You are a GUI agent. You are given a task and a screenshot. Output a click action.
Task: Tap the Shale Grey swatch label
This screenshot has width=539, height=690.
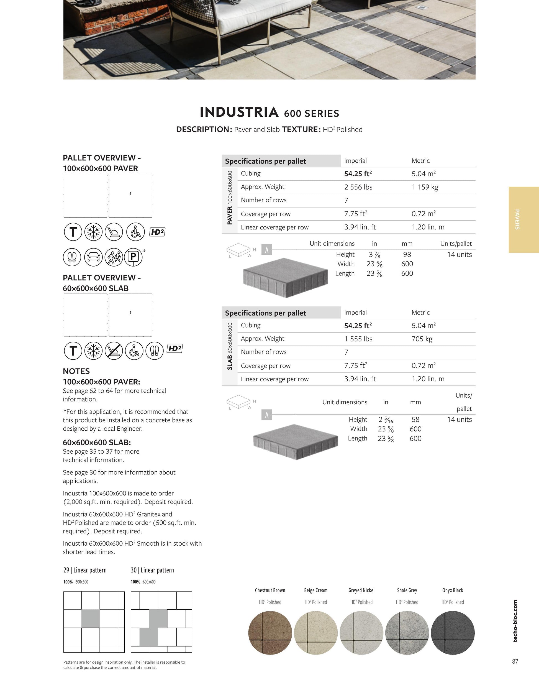407,590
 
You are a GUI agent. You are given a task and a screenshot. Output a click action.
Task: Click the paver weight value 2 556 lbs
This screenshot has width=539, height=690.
358,187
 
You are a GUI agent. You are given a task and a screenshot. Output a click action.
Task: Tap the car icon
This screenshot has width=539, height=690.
93,257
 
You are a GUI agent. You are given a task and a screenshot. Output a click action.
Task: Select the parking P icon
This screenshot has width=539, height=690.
133,257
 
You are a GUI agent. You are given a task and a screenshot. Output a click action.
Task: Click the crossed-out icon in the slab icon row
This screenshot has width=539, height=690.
114,351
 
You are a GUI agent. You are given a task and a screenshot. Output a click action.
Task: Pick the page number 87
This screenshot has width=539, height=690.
515,661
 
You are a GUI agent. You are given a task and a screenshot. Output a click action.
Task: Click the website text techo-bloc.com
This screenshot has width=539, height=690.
515,621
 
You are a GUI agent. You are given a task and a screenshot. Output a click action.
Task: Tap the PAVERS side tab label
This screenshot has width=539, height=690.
517,219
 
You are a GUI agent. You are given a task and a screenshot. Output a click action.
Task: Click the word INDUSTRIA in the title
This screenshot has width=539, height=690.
239,112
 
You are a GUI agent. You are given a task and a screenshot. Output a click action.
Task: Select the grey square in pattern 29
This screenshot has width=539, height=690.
91,618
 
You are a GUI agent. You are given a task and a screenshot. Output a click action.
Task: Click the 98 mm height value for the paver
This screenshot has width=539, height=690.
407,255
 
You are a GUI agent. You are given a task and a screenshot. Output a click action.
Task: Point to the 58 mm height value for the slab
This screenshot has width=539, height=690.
415,420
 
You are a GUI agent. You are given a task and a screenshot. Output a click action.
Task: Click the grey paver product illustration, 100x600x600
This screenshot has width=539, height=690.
285,277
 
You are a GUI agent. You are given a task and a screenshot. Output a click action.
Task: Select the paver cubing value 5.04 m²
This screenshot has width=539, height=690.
423,174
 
